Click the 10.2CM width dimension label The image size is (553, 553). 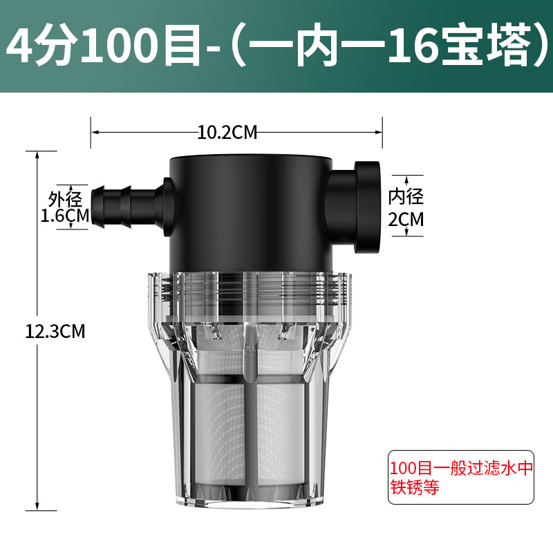227,133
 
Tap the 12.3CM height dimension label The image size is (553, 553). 55,332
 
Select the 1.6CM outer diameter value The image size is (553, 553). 65,216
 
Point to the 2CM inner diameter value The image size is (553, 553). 406,219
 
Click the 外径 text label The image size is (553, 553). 65,199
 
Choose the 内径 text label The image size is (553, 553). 406,197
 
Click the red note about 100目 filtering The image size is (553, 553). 461,478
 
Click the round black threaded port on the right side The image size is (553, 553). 367,207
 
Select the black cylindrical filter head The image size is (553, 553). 251,214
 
